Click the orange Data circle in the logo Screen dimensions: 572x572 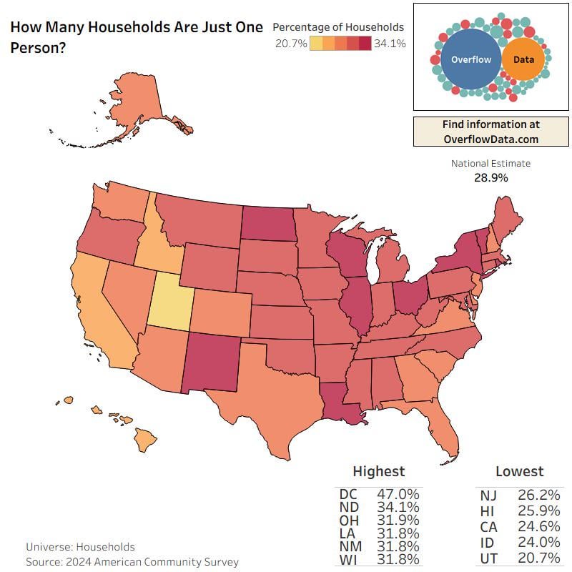[x=523, y=60]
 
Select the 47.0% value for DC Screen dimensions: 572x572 [x=398, y=494]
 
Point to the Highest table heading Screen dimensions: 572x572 [x=378, y=471]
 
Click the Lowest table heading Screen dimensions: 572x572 [x=519, y=471]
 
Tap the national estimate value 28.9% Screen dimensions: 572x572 [x=490, y=177]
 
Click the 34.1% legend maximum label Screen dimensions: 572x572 [x=390, y=44]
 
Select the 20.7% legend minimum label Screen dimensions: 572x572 [x=291, y=44]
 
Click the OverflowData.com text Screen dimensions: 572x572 [x=490, y=139]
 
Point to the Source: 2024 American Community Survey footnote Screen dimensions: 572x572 [x=132, y=562]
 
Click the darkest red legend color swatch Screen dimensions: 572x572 [x=365, y=44]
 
